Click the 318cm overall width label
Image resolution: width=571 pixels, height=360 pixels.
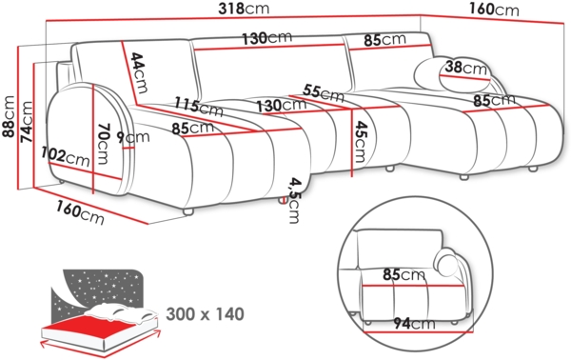(x=244, y=9)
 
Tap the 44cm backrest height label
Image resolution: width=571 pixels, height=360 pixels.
(x=140, y=72)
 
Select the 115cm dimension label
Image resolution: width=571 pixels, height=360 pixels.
(x=198, y=107)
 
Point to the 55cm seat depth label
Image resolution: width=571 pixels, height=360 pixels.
(x=323, y=93)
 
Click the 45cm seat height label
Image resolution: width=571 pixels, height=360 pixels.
(x=360, y=141)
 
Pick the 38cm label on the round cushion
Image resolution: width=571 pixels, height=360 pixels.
(x=465, y=68)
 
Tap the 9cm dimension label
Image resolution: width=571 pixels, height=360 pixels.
(x=133, y=136)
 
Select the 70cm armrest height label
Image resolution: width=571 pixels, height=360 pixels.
(x=104, y=144)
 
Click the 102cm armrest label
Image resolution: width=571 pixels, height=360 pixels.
(x=65, y=156)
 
